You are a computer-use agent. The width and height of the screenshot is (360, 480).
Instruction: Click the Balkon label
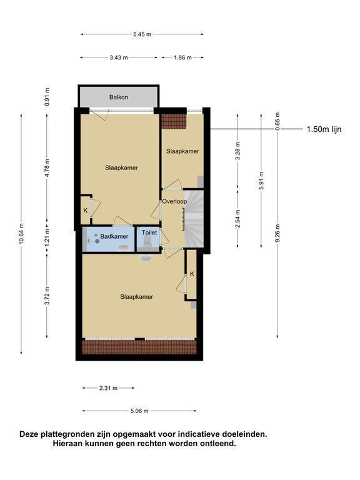[119, 97]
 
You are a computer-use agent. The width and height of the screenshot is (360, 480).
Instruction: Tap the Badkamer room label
[114, 236]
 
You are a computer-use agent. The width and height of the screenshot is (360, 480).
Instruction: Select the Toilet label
[149, 232]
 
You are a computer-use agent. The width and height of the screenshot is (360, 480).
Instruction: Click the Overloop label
[174, 201]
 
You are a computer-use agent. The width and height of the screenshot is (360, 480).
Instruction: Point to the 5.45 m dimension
[142, 34]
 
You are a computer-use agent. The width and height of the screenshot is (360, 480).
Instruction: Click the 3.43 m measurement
[119, 57]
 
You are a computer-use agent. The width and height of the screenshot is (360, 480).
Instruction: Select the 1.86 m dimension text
[182, 57]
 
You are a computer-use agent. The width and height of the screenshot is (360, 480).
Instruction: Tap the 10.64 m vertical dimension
[21, 234]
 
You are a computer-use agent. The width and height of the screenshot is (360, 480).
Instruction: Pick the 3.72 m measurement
[47, 296]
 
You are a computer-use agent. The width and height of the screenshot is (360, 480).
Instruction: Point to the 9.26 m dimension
[277, 233]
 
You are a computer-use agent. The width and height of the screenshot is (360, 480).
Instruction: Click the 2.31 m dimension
[108, 388]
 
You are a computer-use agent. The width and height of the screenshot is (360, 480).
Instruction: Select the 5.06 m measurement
[139, 411]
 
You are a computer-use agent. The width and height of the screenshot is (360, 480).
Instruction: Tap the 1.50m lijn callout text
[324, 129]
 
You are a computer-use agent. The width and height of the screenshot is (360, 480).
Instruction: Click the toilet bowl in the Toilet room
[146, 242]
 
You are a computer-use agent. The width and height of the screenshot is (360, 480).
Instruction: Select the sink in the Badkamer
[123, 247]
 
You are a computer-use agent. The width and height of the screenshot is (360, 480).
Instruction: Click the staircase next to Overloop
[194, 218]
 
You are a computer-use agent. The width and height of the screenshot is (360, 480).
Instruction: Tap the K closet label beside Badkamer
[86, 211]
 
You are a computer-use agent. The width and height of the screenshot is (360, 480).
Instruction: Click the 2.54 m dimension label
[238, 218]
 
